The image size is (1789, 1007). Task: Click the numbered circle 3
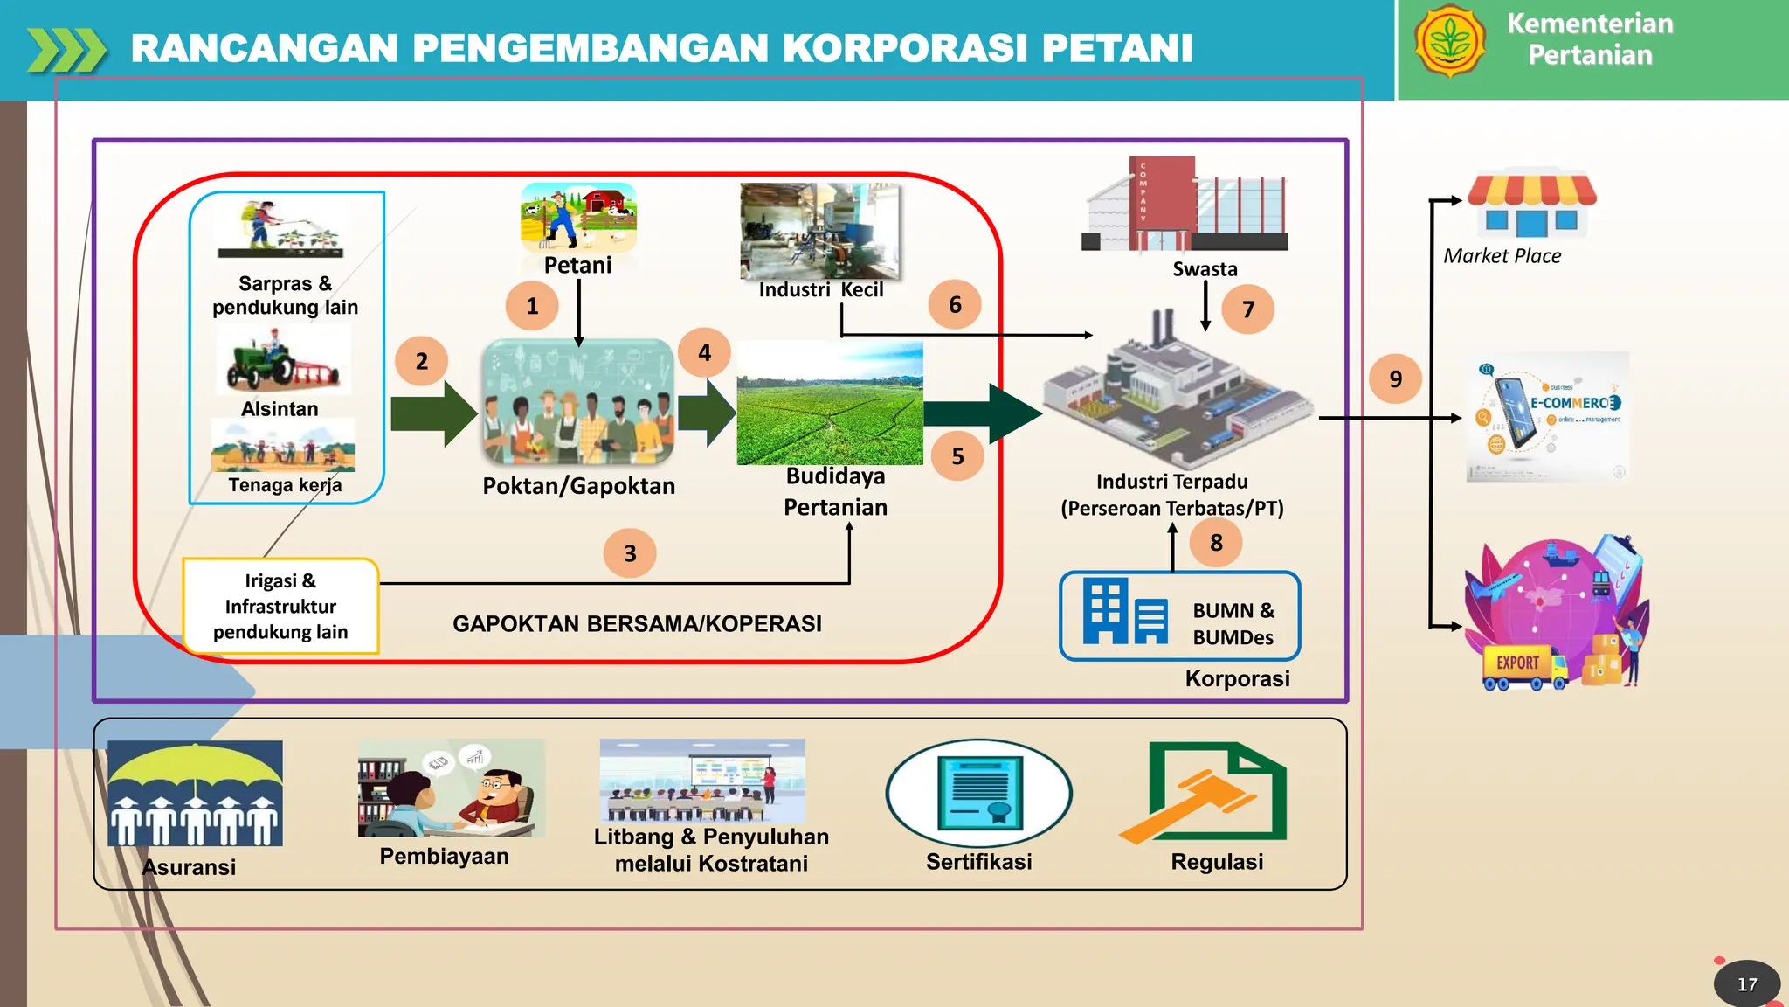(630, 553)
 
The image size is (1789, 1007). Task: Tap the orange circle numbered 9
(1395, 378)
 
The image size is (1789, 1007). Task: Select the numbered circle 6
(955, 304)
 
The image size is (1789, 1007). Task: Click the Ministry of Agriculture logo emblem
(1450, 41)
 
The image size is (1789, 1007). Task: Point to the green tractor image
(281, 361)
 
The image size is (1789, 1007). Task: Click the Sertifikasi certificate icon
(978, 793)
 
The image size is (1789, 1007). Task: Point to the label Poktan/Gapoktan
(578, 486)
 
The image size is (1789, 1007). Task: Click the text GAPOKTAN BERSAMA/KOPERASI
(637, 624)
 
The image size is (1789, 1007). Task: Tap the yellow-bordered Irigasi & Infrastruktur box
(280, 606)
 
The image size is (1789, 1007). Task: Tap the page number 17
(1746, 984)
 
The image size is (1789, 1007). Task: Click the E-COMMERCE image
(1547, 416)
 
